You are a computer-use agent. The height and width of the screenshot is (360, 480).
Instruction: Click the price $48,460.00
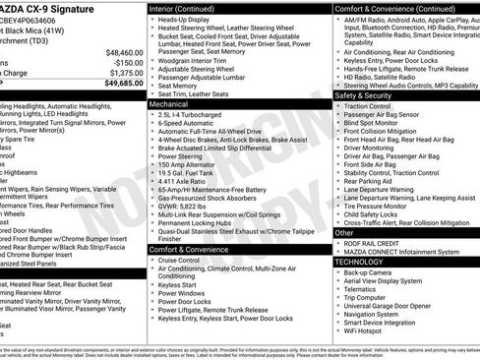(x=119, y=51)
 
